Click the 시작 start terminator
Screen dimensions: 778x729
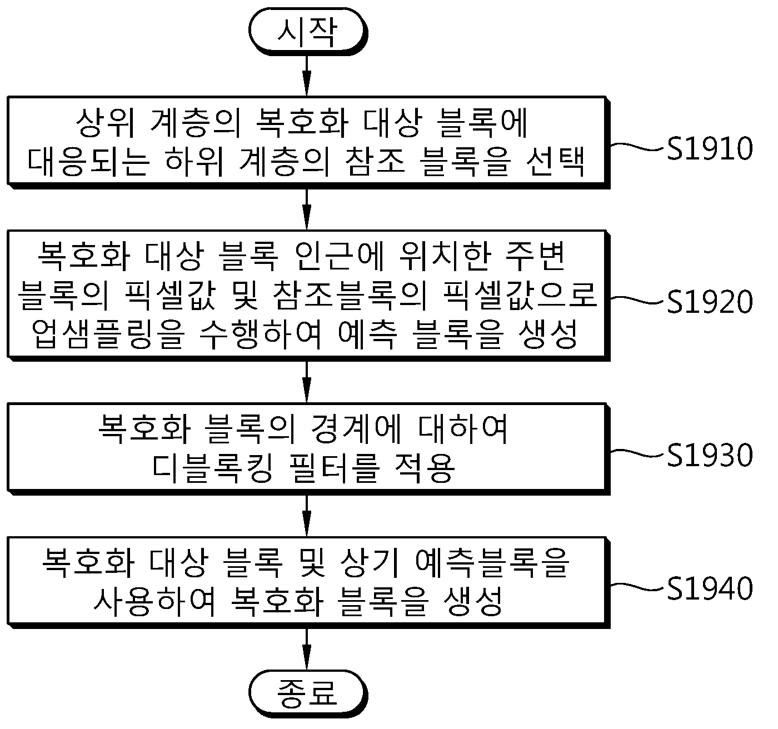[307, 31]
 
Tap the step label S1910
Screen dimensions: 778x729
[710, 148]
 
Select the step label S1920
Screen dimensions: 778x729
[710, 302]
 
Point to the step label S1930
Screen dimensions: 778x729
[710, 455]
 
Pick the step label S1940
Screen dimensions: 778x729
[710, 588]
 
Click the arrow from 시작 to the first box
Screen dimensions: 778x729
[307, 75]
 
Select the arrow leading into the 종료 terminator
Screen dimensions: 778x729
[307, 649]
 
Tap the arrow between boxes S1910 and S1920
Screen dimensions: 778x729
[307, 209]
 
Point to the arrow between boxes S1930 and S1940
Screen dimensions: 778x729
[307, 516]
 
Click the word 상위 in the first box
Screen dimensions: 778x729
[105, 122]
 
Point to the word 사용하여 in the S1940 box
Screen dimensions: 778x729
[154, 602]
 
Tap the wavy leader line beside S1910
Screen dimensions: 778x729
[639, 147]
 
